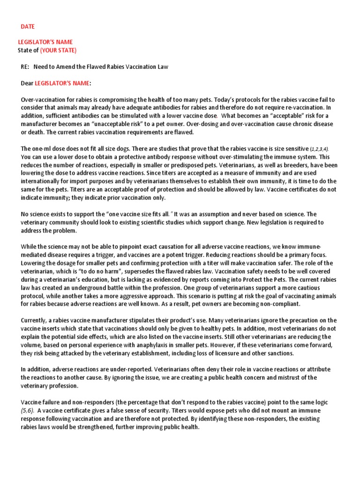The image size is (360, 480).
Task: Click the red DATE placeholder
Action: pyautogui.click(x=28, y=27)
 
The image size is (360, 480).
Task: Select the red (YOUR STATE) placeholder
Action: pyautogui.click(x=58, y=51)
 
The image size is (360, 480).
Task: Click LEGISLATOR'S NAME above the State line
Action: pyautogui.click(x=45, y=42)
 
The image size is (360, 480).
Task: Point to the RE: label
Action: pyautogui.click(x=25, y=67)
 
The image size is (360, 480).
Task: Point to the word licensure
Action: pyautogui.click(x=222, y=353)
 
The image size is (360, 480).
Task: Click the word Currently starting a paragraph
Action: pyautogui.click(x=34, y=321)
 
